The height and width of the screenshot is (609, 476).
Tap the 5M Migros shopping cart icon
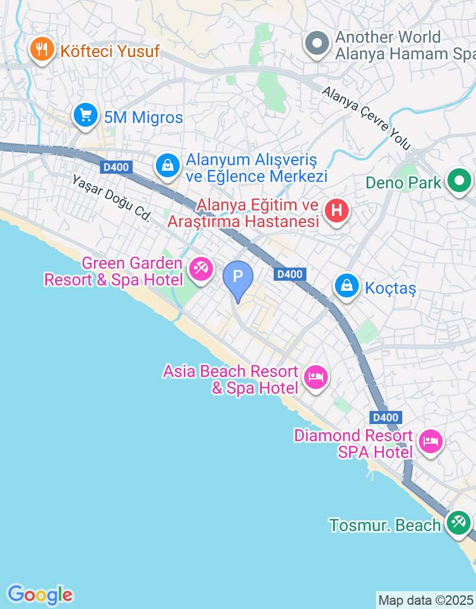86,115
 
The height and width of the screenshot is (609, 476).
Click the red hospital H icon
337,211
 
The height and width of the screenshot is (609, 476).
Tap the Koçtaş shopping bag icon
346,287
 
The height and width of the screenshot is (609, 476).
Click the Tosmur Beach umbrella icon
458,522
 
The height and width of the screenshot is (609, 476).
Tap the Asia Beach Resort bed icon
315,377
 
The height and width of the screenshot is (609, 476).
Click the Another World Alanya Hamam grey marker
317,43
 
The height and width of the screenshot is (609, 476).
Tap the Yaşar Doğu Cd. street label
111,198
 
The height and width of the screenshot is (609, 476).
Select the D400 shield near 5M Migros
116,167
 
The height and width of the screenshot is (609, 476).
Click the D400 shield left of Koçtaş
290,274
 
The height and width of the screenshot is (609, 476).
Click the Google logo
40,594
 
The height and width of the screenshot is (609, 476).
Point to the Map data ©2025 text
425,600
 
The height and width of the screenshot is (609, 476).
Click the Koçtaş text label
390,288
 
